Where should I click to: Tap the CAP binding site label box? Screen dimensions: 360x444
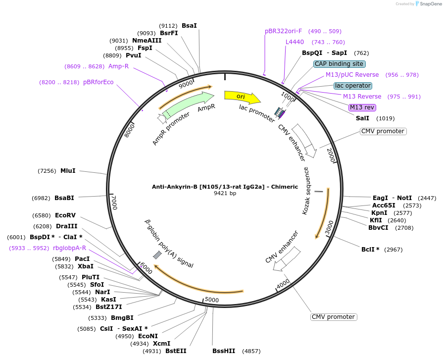click(340, 64)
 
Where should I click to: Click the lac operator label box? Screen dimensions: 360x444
click(352, 86)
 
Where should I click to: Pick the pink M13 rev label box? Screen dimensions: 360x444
click(362, 107)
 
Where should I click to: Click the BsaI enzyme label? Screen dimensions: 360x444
click(189, 25)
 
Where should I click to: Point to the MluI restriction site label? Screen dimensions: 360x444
click(68, 171)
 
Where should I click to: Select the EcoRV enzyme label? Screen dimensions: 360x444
click(65, 215)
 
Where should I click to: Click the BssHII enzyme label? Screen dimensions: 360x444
click(224, 351)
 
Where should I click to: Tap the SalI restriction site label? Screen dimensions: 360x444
click(362, 118)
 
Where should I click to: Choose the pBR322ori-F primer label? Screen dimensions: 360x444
click(283, 31)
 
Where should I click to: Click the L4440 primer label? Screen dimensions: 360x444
click(295, 42)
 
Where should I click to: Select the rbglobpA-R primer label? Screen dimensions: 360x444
click(69, 248)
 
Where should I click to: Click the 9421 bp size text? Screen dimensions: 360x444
click(225, 194)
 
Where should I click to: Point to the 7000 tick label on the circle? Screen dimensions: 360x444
click(114, 202)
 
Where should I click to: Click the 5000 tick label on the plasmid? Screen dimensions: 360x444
click(211, 300)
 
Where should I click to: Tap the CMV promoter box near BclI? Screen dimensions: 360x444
click(334, 317)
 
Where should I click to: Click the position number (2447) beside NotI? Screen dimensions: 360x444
click(427, 198)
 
